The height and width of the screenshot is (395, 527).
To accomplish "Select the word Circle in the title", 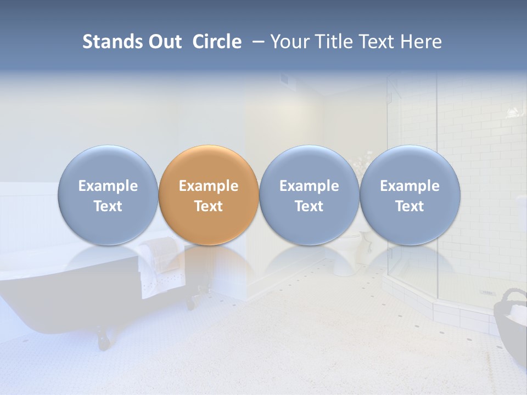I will coord(217,42).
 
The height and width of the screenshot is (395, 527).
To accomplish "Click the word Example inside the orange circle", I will coord(209,186).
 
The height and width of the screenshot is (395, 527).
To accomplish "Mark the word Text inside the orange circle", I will coord(209,206).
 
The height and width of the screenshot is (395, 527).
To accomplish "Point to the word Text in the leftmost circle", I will coord(108,206).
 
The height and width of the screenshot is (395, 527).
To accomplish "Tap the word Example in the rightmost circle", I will coord(410,186).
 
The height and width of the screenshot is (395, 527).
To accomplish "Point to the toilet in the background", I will coord(351,250).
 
